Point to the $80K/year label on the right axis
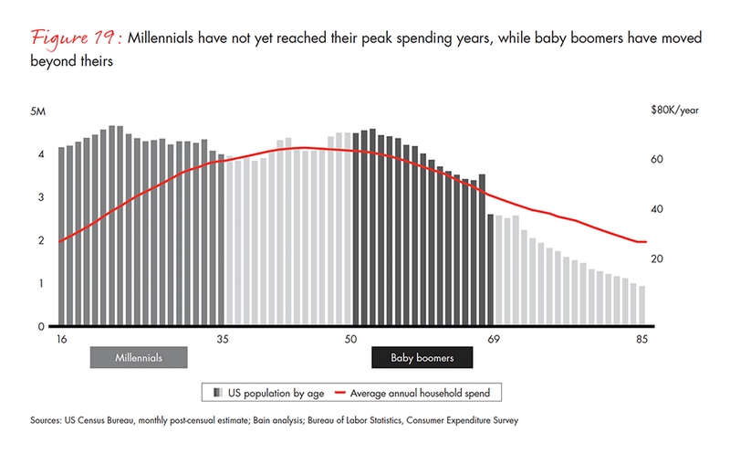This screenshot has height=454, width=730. [x=674, y=111]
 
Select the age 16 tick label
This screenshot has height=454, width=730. [x=61, y=339]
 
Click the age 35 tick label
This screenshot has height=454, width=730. [x=222, y=339]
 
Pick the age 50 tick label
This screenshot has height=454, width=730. [x=350, y=339]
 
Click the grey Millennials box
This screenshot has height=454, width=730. [x=138, y=357]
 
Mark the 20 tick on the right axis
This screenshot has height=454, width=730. [x=656, y=259]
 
